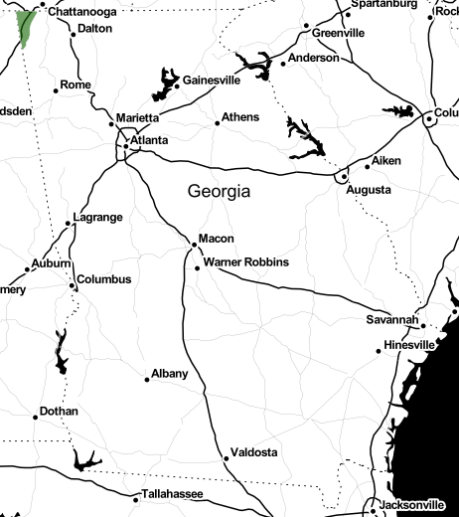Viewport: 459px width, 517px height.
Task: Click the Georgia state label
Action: [x=219, y=190]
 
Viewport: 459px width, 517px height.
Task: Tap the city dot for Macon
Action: [x=194, y=245]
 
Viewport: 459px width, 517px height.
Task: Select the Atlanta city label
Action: [x=148, y=140]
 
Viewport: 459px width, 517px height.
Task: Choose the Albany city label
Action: [x=169, y=374]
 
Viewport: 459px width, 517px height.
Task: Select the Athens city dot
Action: [x=217, y=123]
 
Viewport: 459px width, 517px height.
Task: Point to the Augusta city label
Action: [x=368, y=191]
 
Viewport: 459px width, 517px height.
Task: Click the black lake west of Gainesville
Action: [x=162, y=84]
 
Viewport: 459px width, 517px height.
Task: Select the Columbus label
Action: [x=103, y=279]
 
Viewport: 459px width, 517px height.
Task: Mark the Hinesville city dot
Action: [x=379, y=350]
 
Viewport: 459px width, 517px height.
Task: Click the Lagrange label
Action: [x=97, y=217]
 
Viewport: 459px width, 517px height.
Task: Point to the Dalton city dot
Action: [x=74, y=35]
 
